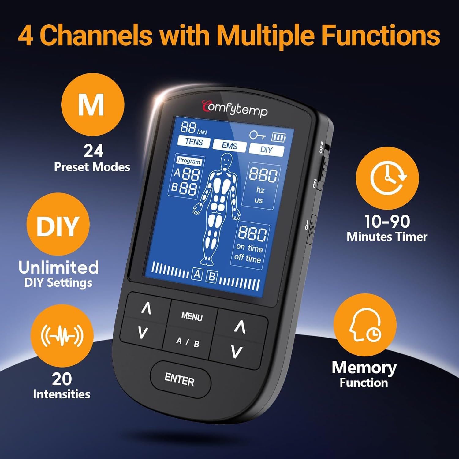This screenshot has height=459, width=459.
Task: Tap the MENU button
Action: click(x=192, y=316)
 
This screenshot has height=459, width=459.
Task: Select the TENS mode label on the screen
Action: click(x=194, y=142)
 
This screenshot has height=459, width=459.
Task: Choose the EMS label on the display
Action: click(x=229, y=146)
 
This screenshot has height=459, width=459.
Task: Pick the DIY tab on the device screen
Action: click(x=266, y=150)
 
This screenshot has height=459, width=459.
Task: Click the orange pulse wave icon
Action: click(x=62, y=336)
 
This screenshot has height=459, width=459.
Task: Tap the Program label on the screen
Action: click(x=189, y=161)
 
